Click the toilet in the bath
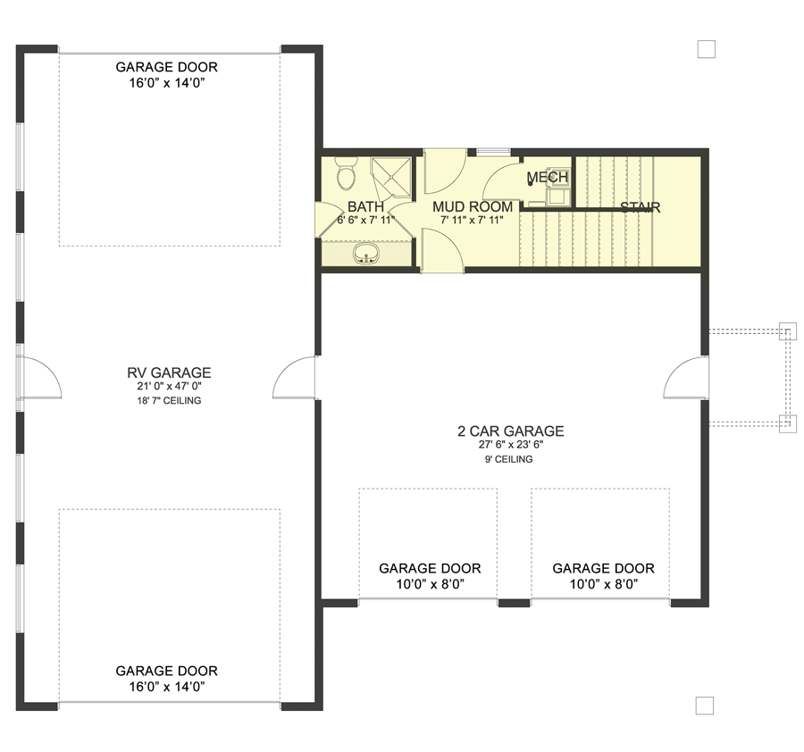(346, 171)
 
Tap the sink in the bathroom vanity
(364, 257)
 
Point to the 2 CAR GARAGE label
(511, 431)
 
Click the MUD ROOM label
(473, 206)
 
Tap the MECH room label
(548, 177)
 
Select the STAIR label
(640, 207)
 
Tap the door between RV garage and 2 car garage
(297, 379)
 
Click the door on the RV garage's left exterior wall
(39, 378)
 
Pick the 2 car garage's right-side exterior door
(686, 377)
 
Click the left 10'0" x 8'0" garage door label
(430, 576)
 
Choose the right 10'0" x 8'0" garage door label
(603, 576)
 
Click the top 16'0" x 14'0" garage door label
(166, 75)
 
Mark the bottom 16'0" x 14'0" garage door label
(166, 678)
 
